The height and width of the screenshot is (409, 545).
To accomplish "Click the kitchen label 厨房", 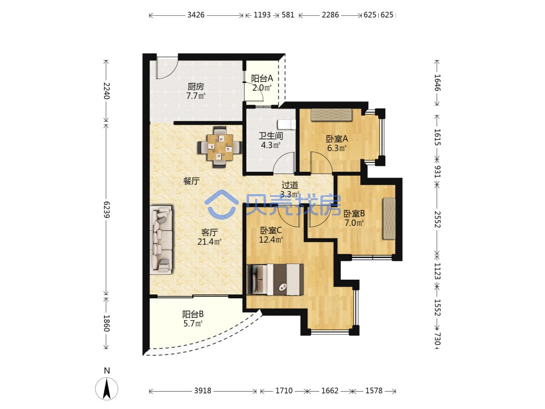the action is click(196, 86).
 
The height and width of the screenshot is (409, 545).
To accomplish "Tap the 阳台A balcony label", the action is click(262, 79).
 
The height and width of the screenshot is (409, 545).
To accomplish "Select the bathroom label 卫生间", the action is click(271, 136).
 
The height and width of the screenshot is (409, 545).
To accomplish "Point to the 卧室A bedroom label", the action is click(337, 139).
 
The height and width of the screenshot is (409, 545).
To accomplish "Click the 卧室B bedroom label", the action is click(354, 214).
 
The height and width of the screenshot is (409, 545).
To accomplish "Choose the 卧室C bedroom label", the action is click(271, 230).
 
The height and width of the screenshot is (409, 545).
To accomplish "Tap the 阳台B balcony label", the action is click(193, 315).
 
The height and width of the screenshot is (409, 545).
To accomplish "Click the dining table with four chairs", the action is click(220, 147).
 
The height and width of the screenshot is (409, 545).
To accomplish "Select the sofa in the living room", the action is click(161, 240).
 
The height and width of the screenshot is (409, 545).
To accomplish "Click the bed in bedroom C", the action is click(275, 280).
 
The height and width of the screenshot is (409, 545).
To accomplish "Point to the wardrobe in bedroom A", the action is click(331, 115).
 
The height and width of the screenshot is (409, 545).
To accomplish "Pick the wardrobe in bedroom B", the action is click(389, 219).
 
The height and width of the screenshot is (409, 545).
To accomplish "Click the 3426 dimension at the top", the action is click(196, 15).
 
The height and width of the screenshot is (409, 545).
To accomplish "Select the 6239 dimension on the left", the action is click(106, 210).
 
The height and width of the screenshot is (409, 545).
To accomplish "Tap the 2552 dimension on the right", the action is click(437, 219).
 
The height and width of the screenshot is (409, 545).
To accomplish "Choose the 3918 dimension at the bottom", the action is click(203, 390).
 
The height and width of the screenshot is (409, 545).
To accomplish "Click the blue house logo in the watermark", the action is click(221, 204).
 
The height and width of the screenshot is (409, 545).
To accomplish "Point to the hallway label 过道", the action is click(290, 185).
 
